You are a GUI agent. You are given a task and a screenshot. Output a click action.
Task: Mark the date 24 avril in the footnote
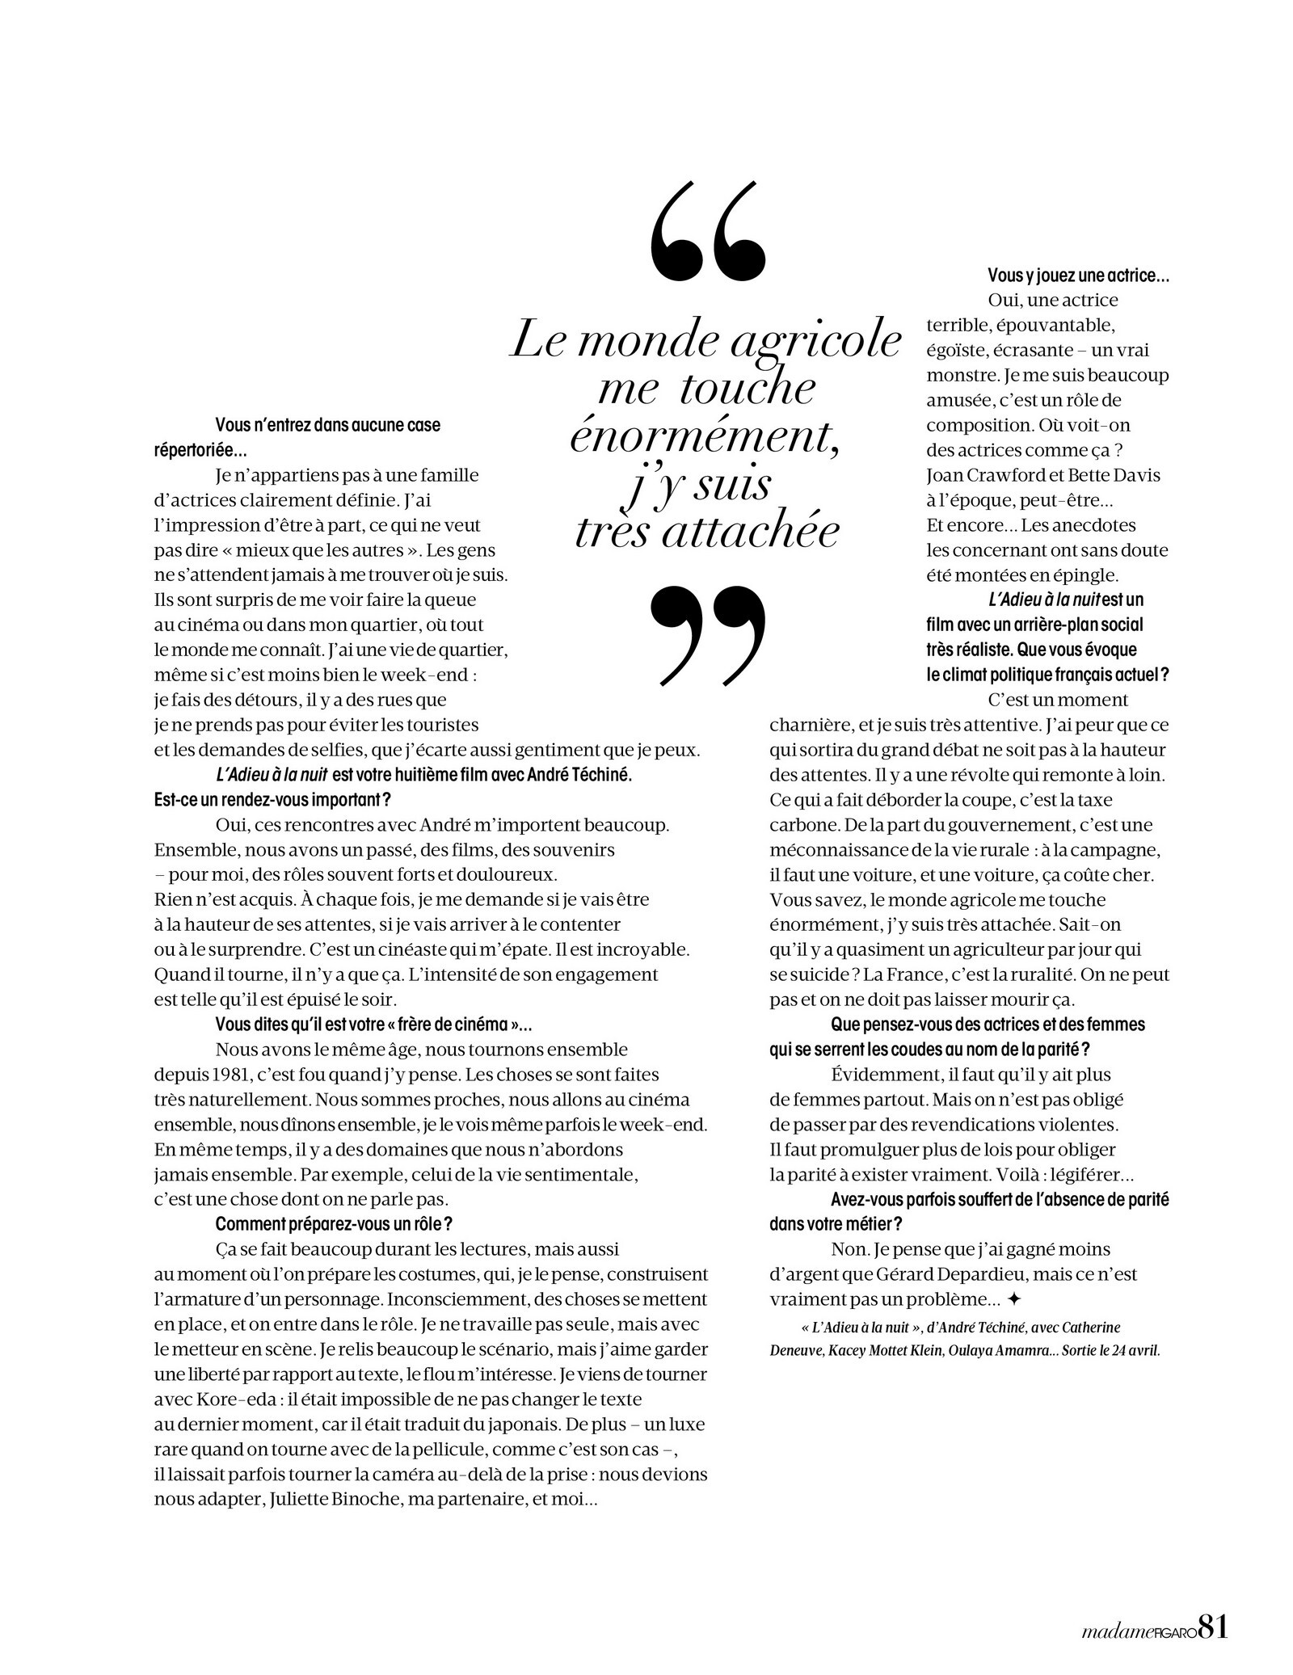tap(1133, 1350)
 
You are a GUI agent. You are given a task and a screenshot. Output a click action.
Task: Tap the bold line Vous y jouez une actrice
tap(1078, 276)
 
